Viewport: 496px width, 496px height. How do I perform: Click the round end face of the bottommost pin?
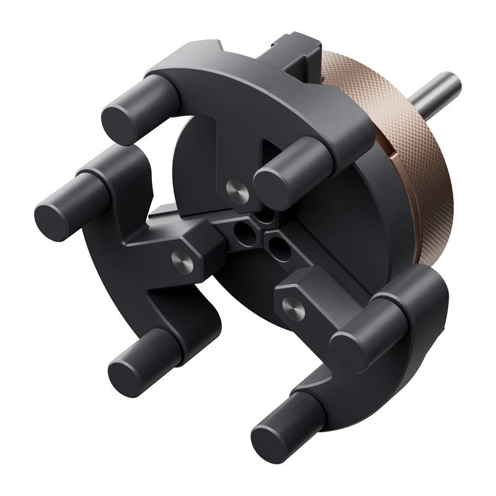pyautogui.click(x=267, y=428)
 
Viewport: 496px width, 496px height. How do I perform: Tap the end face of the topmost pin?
pyautogui.click(x=118, y=117)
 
